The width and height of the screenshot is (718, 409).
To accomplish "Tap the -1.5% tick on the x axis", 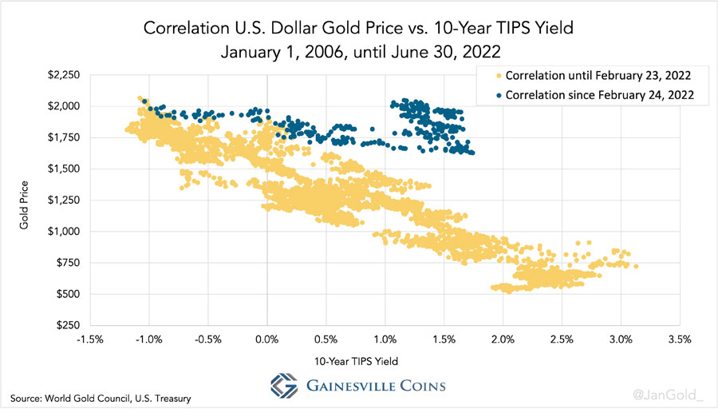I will [x=89, y=339].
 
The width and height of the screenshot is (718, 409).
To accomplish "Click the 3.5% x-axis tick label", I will [x=679, y=339].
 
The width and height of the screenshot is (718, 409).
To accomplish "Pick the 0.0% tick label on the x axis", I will [x=266, y=339].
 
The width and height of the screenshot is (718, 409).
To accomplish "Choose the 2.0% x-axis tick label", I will [x=503, y=339].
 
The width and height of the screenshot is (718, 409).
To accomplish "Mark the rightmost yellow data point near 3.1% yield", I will [x=636, y=267].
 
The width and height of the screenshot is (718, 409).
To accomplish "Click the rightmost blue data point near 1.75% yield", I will [x=472, y=153].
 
